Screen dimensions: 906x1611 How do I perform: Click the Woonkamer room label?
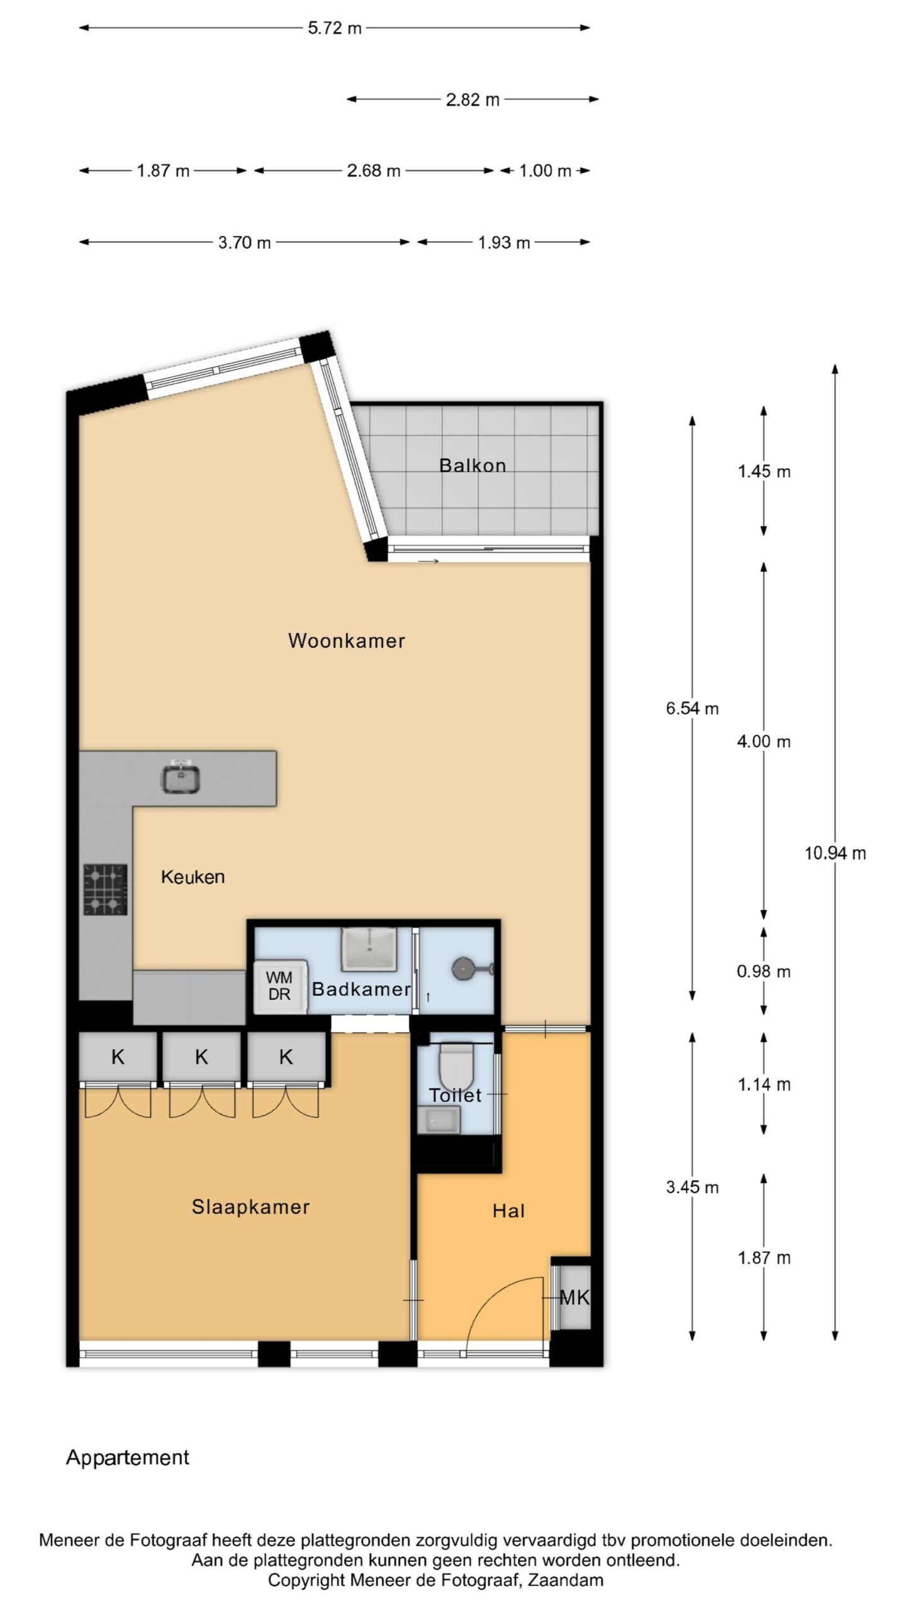[x=346, y=641]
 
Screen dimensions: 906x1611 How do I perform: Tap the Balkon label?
[x=473, y=466]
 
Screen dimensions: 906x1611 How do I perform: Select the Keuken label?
[x=193, y=877]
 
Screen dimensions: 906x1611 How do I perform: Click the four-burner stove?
[x=106, y=889]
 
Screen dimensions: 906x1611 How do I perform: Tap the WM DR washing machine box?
[x=280, y=986]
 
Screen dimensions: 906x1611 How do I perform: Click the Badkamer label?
[x=361, y=989]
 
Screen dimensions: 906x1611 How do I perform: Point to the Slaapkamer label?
[x=250, y=1207]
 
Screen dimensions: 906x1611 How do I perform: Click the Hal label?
[x=508, y=1211]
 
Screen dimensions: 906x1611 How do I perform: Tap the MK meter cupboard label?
[x=574, y=1297]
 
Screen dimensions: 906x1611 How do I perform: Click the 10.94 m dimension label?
[x=836, y=853]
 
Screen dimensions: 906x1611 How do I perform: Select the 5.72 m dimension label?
[x=335, y=28]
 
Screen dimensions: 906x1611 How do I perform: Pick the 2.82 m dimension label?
[x=473, y=99]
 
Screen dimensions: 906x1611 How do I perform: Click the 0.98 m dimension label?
[x=764, y=971]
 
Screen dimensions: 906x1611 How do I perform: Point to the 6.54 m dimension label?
[x=692, y=709]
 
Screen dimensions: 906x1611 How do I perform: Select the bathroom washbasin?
[x=369, y=949]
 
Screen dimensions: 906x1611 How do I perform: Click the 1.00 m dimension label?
[x=545, y=171]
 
